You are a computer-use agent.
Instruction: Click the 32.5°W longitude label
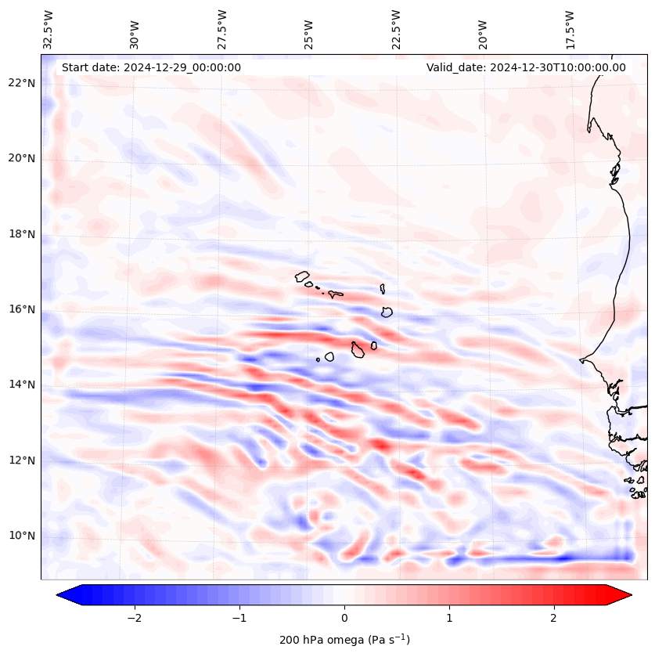tap(49, 30)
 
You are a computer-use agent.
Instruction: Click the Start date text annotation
tap(151, 67)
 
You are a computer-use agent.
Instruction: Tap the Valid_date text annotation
tap(526, 67)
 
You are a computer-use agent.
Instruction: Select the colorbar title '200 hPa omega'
tap(344, 640)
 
